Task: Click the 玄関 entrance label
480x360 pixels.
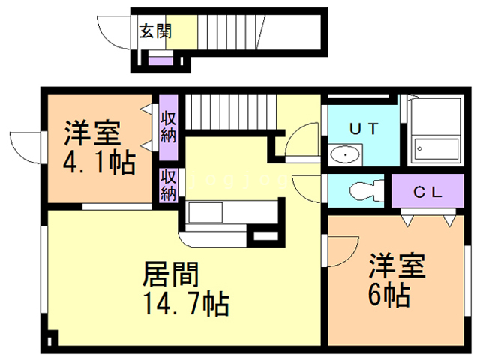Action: (x=155, y=31)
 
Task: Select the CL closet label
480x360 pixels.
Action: (x=427, y=191)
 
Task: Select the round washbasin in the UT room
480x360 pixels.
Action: (x=344, y=155)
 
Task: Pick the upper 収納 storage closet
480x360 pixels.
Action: (x=168, y=127)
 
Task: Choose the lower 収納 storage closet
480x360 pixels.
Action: (x=168, y=185)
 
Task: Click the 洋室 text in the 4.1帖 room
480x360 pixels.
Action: (x=91, y=135)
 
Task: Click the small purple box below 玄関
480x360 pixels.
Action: (x=159, y=60)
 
